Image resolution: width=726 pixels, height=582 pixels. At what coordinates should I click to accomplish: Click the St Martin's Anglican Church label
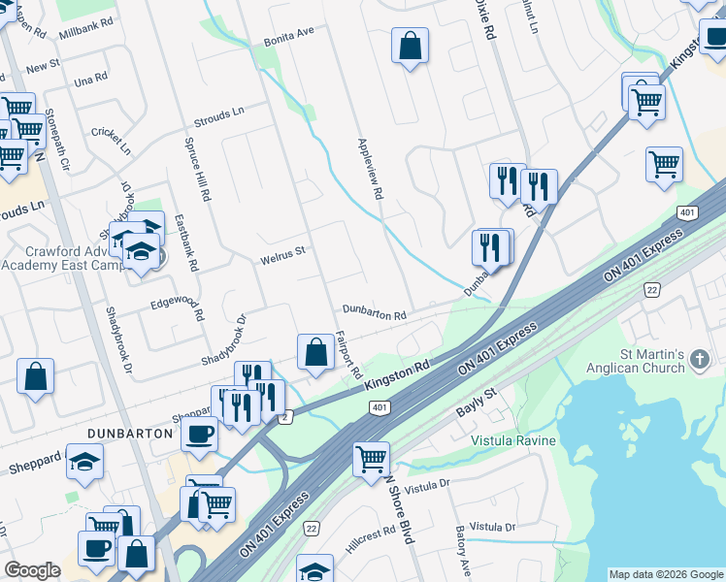pos(634,362)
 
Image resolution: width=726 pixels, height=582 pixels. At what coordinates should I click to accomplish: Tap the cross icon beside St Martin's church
pos(699,362)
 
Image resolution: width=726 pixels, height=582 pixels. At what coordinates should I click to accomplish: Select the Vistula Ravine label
pos(513,440)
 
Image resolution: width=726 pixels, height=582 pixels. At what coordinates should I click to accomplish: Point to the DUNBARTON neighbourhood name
pos(130,434)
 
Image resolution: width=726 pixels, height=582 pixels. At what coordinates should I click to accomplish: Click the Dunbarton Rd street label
pos(373,314)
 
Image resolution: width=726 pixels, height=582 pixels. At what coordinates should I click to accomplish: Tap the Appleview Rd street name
pos(370,169)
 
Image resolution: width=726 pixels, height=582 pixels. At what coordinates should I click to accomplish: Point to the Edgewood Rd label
pos(177,309)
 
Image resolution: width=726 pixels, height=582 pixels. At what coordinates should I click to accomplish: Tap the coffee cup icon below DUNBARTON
pos(199,436)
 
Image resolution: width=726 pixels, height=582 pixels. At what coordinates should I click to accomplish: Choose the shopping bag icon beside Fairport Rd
pos(315,352)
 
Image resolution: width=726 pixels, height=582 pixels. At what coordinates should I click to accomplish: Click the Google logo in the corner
pos(32,570)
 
